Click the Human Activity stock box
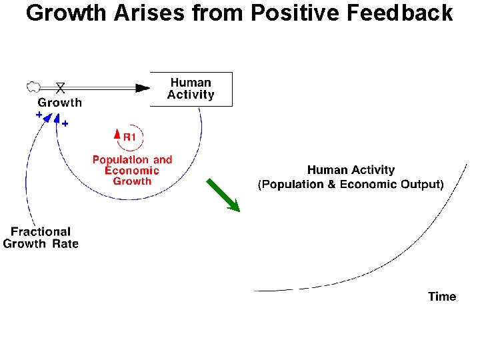[x=191, y=89]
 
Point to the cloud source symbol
[x=31, y=86]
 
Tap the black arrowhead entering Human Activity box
[x=142, y=87]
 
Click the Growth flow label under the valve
[x=60, y=102]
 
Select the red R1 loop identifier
[x=129, y=137]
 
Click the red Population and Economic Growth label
[x=132, y=170]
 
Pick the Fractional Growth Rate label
[x=41, y=237]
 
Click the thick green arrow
[x=223, y=195]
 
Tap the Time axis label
[x=442, y=297]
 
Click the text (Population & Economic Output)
[x=351, y=185]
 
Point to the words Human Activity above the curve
[x=351, y=171]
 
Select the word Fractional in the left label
[x=41, y=231]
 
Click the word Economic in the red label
[x=132, y=170]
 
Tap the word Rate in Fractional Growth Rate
[x=65, y=244]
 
